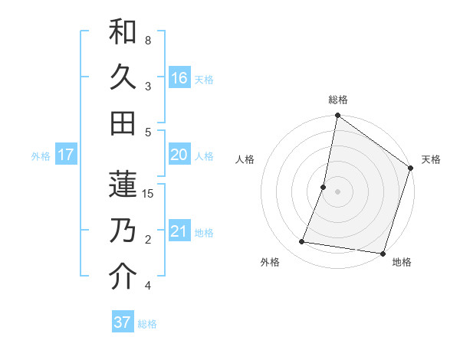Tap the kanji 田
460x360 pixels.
pos(123,123)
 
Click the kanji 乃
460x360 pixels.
pos(123,231)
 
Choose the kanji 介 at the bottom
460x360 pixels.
pos(123,277)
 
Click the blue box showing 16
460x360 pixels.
pos(179,78)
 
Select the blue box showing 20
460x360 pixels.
pos(179,155)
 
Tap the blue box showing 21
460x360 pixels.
pos(179,231)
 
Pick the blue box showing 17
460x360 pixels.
pos(66,155)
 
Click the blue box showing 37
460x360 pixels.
pos(123,322)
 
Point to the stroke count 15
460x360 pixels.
pos(149,193)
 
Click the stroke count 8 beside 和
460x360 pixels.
pos(148,40)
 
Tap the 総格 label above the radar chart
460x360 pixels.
pos(337,100)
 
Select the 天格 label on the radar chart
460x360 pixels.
pos(431,159)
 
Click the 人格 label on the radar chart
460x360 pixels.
pos(245,159)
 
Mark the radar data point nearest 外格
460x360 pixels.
pos(302,242)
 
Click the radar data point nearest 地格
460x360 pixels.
pos(383,253)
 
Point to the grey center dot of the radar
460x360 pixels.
pos(337,191)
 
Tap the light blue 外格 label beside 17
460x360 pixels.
pos(41,156)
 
